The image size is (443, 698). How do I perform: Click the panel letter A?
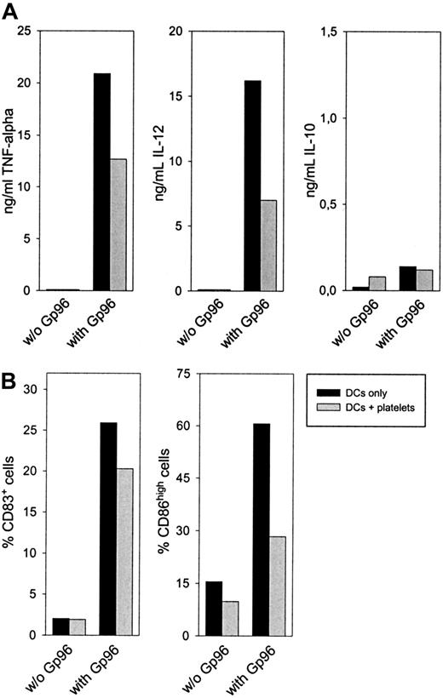pos(10,10)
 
